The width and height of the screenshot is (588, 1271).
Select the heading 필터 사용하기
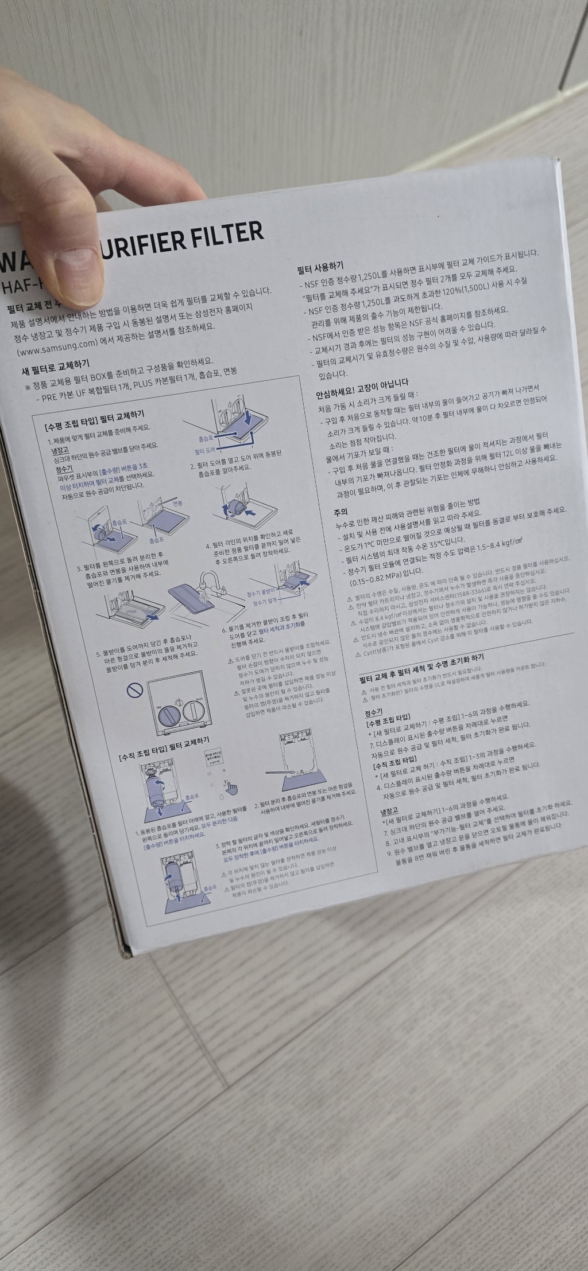pos(320,267)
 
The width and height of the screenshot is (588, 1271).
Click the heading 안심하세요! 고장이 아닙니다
pos(362,383)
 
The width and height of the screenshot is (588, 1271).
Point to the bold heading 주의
pos(341,511)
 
